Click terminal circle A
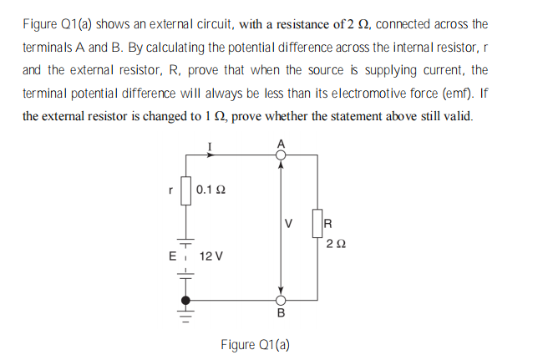tap(280, 155)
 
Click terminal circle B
tap(280, 300)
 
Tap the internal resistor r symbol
tap(186, 191)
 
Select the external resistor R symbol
tap(317, 224)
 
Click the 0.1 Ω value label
tap(210, 191)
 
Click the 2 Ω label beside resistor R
tap(333, 244)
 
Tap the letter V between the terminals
tap(289, 224)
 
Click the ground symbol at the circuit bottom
tap(187, 317)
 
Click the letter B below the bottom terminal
tap(281, 314)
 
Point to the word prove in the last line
tap(247, 115)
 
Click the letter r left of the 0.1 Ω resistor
tap(171, 191)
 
